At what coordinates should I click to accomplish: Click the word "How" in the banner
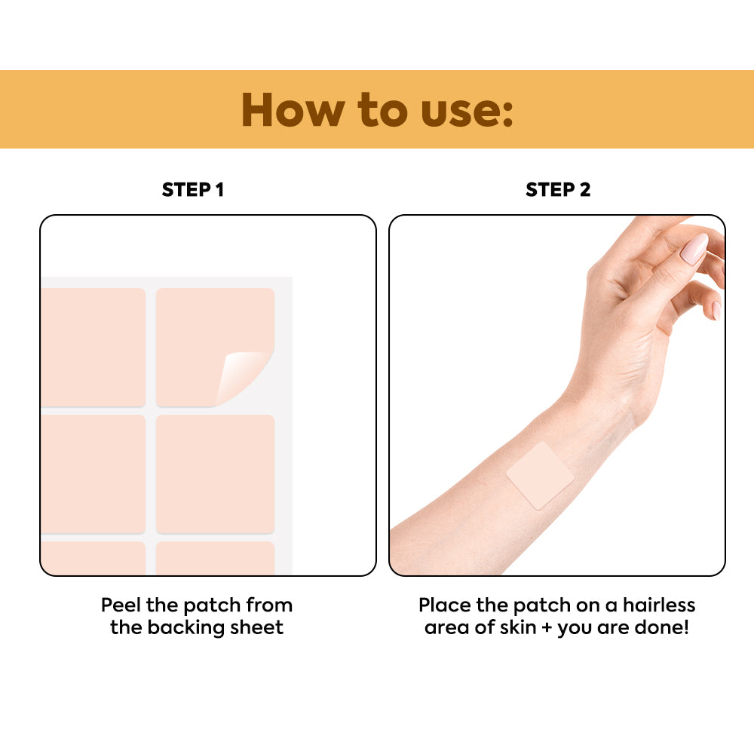pyautogui.click(x=293, y=110)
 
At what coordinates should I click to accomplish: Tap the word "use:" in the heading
pyautogui.click(x=467, y=112)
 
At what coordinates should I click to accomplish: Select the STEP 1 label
pyautogui.click(x=193, y=189)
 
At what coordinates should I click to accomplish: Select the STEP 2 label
pyautogui.click(x=558, y=189)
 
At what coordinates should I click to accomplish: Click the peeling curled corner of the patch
pyautogui.click(x=241, y=375)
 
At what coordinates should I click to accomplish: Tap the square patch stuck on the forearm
pyautogui.click(x=540, y=475)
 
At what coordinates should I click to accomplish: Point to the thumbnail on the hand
pyautogui.click(x=695, y=248)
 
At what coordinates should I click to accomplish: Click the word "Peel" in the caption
pyautogui.click(x=121, y=605)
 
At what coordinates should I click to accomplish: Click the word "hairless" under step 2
pyautogui.click(x=659, y=605)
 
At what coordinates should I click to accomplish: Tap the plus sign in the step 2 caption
pyautogui.click(x=547, y=628)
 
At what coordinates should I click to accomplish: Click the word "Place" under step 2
pyautogui.click(x=445, y=605)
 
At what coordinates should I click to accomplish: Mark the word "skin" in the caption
pyautogui.click(x=518, y=627)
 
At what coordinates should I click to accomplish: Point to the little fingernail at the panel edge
pyautogui.click(x=716, y=310)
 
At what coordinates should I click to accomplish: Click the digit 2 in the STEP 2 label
pyautogui.click(x=585, y=189)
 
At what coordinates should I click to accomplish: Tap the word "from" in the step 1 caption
pyautogui.click(x=269, y=605)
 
